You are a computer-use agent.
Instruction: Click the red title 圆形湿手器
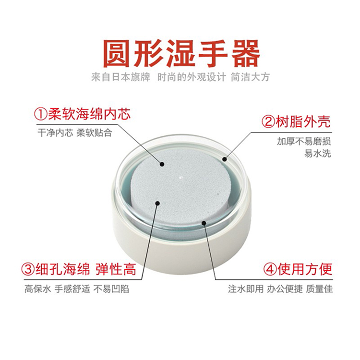[181, 53]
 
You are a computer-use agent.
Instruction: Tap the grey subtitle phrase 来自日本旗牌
[121, 77]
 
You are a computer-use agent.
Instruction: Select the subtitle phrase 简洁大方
[250, 77]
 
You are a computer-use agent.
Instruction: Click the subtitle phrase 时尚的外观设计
[192, 77]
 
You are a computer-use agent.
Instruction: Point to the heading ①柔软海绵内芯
[83, 114]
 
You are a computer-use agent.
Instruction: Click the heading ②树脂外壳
[296, 122]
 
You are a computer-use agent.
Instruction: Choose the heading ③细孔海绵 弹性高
[79, 269]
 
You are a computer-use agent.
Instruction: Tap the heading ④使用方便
[298, 269]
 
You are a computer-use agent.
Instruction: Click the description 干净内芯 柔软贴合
[75, 132]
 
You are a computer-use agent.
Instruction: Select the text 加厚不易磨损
[304, 141]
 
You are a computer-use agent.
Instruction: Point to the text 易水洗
[318, 153]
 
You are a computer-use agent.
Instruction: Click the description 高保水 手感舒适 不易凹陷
[77, 289]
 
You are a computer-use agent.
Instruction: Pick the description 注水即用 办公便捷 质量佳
[280, 289]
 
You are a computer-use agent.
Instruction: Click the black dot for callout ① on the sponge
[162, 164]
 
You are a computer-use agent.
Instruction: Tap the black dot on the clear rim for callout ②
[225, 159]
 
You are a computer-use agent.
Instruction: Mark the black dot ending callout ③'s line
[157, 203]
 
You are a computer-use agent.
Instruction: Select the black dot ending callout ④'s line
[204, 222]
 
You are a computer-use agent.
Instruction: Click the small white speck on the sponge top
[180, 177]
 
